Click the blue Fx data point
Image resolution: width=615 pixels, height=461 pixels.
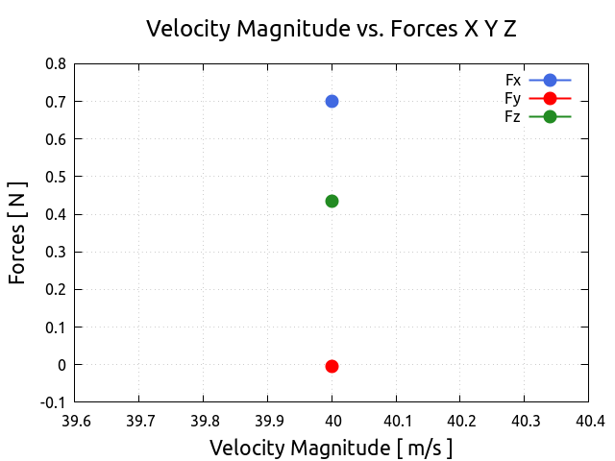pyautogui.click(x=332, y=101)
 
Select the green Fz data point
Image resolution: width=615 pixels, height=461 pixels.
pyautogui.click(x=332, y=201)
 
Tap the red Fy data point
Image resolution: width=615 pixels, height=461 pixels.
pyautogui.click(x=332, y=366)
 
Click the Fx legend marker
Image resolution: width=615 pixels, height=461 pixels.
pyautogui.click(x=550, y=81)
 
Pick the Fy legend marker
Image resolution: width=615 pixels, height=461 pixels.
pyautogui.click(x=550, y=98)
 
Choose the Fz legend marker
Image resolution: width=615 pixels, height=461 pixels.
pyautogui.click(x=550, y=116)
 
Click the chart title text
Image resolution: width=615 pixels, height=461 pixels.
pyautogui.click(x=331, y=29)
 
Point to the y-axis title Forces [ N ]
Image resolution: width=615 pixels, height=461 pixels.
pyautogui.click(x=18, y=232)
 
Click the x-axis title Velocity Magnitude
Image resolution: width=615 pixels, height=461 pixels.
pyautogui.click(x=331, y=448)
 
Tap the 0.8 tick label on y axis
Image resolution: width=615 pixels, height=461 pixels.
pyautogui.click(x=56, y=64)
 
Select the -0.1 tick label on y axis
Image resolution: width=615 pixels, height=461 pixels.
pyautogui.click(x=54, y=402)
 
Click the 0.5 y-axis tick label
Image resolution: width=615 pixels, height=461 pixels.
pyautogui.click(x=56, y=177)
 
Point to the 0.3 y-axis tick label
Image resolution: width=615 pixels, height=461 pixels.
pyautogui.click(x=56, y=252)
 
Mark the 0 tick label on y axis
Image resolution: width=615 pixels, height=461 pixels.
pyautogui.click(x=61, y=365)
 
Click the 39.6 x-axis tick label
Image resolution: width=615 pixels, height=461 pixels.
pyautogui.click(x=76, y=421)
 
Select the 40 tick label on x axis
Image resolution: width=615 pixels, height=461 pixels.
pyautogui.click(x=332, y=421)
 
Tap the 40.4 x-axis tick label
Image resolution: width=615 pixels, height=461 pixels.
pyautogui.click(x=588, y=421)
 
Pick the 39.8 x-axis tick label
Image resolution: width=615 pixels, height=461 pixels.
pyautogui.click(x=204, y=421)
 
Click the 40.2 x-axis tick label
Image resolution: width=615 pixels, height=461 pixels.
pyautogui.click(x=460, y=421)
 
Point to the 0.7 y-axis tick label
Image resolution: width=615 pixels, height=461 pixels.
pyautogui.click(x=56, y=102)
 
